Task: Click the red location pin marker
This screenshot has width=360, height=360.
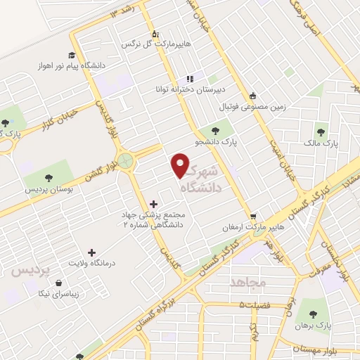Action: pos(181,165)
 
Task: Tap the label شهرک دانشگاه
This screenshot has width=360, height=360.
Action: pos(204,180)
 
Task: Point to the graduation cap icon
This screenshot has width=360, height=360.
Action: pos(71,55)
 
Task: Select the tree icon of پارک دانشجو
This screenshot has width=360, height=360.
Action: pos(214,130)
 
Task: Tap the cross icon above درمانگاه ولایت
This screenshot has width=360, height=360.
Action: pos(91,252)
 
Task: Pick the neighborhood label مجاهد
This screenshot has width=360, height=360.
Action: pos(247,282)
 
